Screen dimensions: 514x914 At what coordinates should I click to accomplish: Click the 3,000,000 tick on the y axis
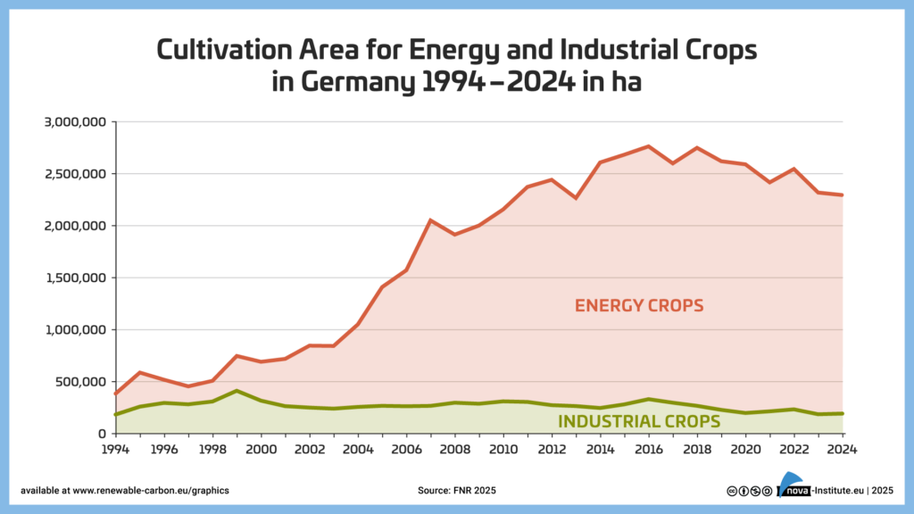point(76,121)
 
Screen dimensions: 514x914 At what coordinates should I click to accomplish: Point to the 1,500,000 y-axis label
point(76,278)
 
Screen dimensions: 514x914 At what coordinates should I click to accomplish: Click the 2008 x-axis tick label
point(454,449)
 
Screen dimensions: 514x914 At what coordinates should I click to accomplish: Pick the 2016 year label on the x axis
point(648,449)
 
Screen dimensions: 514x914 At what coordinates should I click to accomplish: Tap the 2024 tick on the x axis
point(842,449)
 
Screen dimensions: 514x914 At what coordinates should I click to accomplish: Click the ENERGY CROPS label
point(639,305)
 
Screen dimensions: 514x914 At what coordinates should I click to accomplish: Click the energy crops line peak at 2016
point(648,146)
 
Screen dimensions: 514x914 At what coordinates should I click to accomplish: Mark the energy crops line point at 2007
point(430,220)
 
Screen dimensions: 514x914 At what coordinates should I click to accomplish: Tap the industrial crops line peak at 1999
point(237,391)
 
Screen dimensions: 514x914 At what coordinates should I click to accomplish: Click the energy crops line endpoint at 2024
point(842,195)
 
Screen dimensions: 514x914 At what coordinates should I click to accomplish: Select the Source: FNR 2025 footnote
point(456,491)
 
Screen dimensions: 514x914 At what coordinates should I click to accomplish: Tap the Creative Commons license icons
point(749,491)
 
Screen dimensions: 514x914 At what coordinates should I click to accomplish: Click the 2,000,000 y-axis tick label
point(76,226)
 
